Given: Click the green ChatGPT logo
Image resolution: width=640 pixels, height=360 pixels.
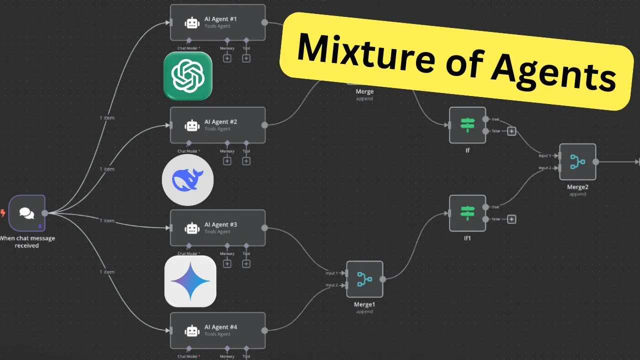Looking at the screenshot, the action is [x=187, y=75].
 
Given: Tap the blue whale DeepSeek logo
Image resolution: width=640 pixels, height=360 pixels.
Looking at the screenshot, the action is [x=187, y=180].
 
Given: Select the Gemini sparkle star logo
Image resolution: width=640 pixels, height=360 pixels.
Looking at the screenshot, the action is [x=190, y=281].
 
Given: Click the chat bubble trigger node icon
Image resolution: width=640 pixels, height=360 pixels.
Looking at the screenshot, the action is [x=27, y=213].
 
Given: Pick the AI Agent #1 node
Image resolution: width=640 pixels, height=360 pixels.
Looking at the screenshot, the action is [x=217, y=22].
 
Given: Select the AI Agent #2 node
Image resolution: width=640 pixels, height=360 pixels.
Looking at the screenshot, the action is [x=217, y=125].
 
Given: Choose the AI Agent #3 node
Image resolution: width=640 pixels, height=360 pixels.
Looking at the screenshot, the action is [x=217, y=228].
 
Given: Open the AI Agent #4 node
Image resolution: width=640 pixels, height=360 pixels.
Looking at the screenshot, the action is [x=217, y=330].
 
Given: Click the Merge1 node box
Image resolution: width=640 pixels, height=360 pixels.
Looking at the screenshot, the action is [x=364, y=279].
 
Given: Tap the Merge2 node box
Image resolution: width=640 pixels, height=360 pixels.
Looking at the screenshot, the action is [x=577, y=162].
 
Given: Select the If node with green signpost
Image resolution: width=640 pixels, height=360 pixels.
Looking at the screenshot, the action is [x=467, y=125].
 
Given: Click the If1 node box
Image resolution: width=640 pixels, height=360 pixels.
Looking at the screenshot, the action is [x=467, y=213].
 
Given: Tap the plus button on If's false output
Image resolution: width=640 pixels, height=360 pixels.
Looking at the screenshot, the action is [x=511, y=131].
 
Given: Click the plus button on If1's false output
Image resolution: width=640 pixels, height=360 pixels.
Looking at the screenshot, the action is [x=511, y=219].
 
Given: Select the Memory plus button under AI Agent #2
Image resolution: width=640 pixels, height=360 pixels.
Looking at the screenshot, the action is [x=227, y=161].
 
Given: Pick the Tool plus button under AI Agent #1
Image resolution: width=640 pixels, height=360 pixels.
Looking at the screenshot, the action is [x=246, y=58].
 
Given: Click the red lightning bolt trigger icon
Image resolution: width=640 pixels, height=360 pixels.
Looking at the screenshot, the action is [x=3, y=213].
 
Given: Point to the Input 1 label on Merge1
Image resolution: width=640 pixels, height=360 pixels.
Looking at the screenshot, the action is [x=331, y=273].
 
